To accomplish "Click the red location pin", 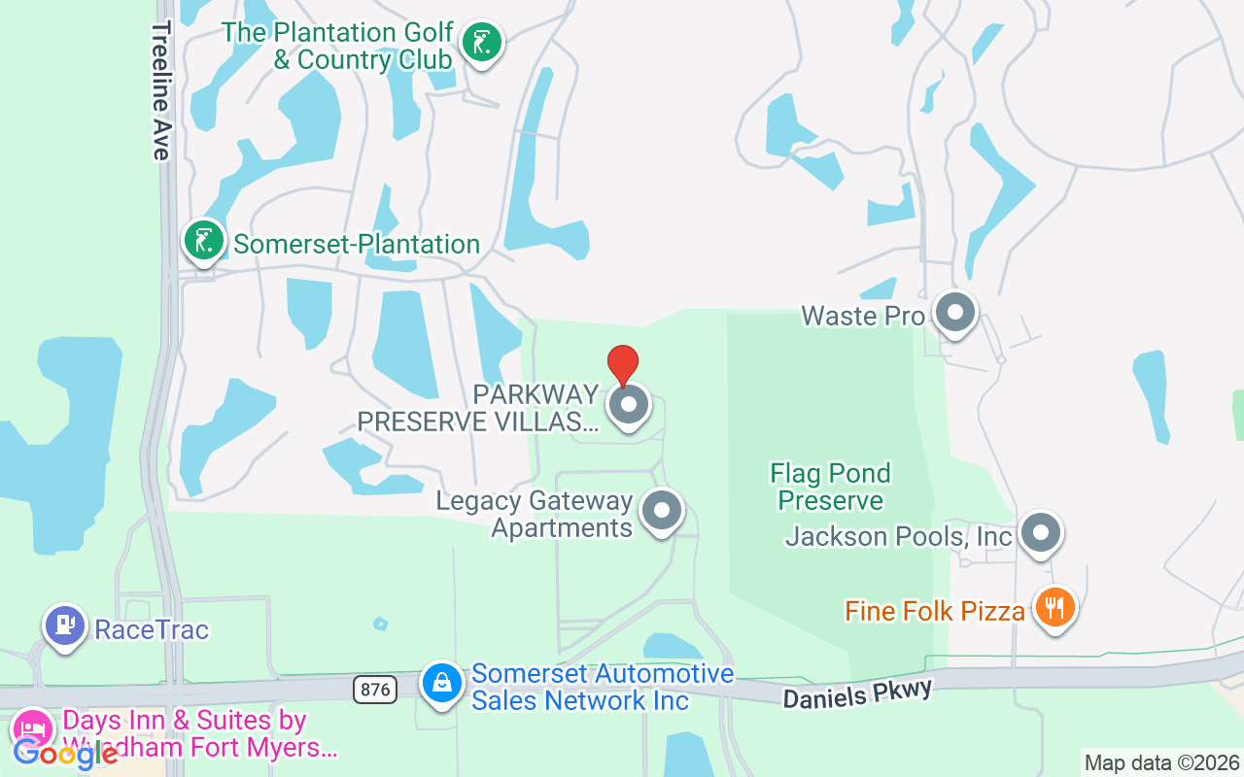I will pos(623,363).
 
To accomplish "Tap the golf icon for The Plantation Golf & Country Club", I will pos(481,42).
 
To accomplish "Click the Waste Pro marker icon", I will pos(954,313).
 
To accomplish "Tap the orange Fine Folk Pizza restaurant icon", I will pos(1054,608).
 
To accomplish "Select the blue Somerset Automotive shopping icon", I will pos(442,683).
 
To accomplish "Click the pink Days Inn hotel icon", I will pos(32,728).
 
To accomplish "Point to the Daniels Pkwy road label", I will pos(857,693).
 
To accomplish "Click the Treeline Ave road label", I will pos(160,89).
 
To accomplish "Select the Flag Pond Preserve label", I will pos(831,487).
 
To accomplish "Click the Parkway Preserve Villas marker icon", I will pos(629,404).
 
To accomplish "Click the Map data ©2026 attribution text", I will pos(1161,763).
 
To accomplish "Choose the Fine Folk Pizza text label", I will pos(934,611).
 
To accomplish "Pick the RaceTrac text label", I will pos(152,629).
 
